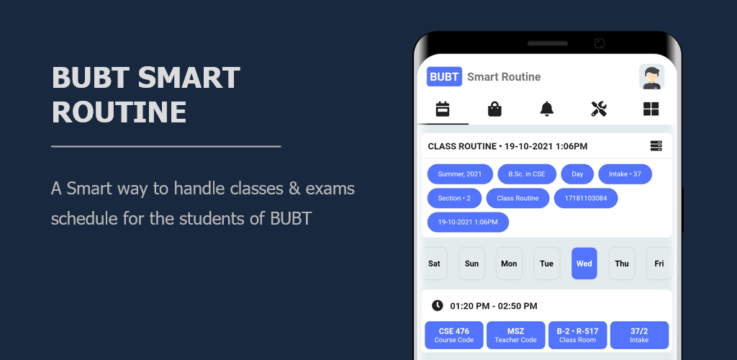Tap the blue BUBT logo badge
444,76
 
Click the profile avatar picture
651,76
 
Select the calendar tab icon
443,109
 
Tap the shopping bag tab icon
494,109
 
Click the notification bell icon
547,109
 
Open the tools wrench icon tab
599,109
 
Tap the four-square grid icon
651,109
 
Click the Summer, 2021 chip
460,174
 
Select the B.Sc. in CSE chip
527,174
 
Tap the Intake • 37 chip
625,174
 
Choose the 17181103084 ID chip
586,198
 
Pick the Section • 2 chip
454,198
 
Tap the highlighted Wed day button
584,264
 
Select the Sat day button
434,264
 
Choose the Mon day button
509,264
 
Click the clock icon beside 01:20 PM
437,305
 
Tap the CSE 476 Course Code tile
454,335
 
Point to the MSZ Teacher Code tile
515,335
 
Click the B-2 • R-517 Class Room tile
578,335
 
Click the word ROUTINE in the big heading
119,112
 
